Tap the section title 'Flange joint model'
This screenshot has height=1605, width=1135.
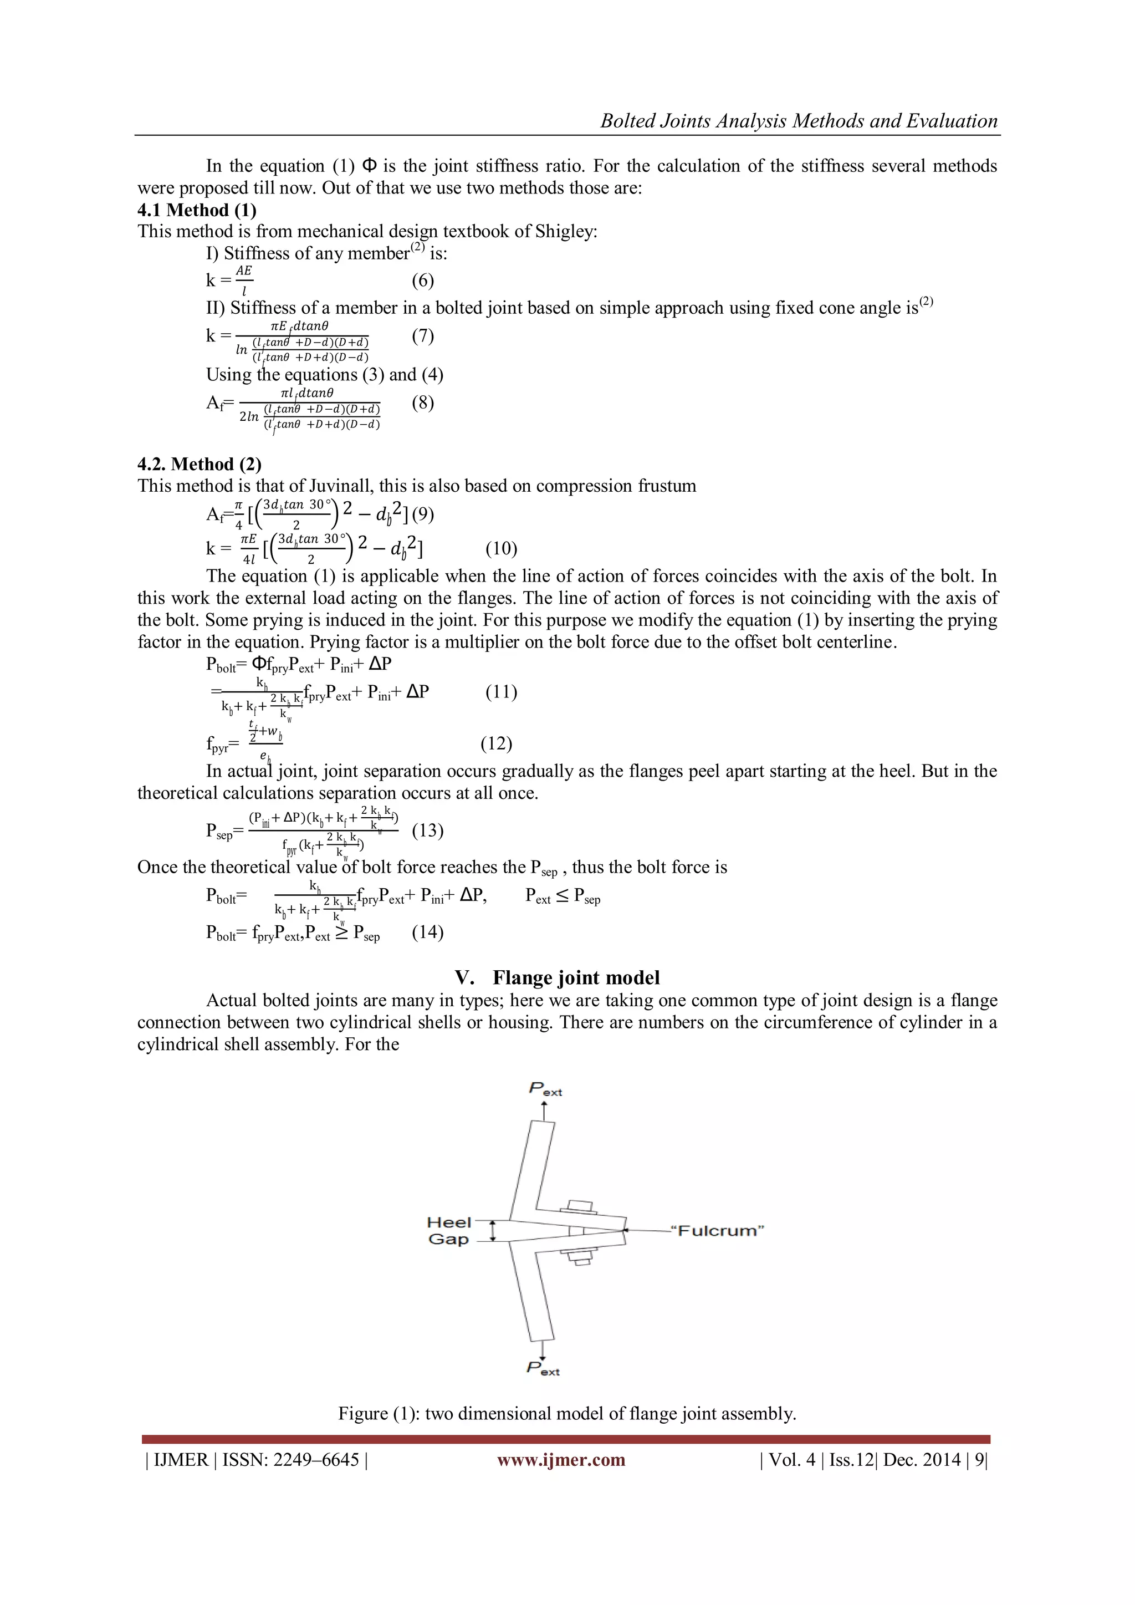(x=576, y=977)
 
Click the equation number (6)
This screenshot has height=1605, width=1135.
(x=423, y=281)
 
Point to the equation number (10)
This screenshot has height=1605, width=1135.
(x=501, y=548)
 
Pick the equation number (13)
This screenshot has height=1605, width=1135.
(x=428, y=830)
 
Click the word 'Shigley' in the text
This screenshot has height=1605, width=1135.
(x=565, y=231)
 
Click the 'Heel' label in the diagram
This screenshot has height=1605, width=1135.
(x=449, y=1222)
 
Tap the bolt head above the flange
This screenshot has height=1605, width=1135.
(x=579, y=1206)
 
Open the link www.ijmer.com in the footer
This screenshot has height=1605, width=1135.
(x=561, y=1460)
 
